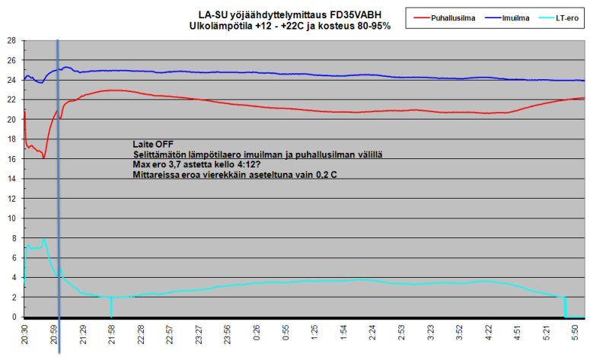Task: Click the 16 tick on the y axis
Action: pyautogui.click(x=11, y=159)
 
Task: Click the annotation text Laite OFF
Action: pyautogui.click(x=149, y=144)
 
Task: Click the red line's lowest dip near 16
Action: pyautogui.click(x=44, y=158)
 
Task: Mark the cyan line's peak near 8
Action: pyautogui.click(x=44, y=239)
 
